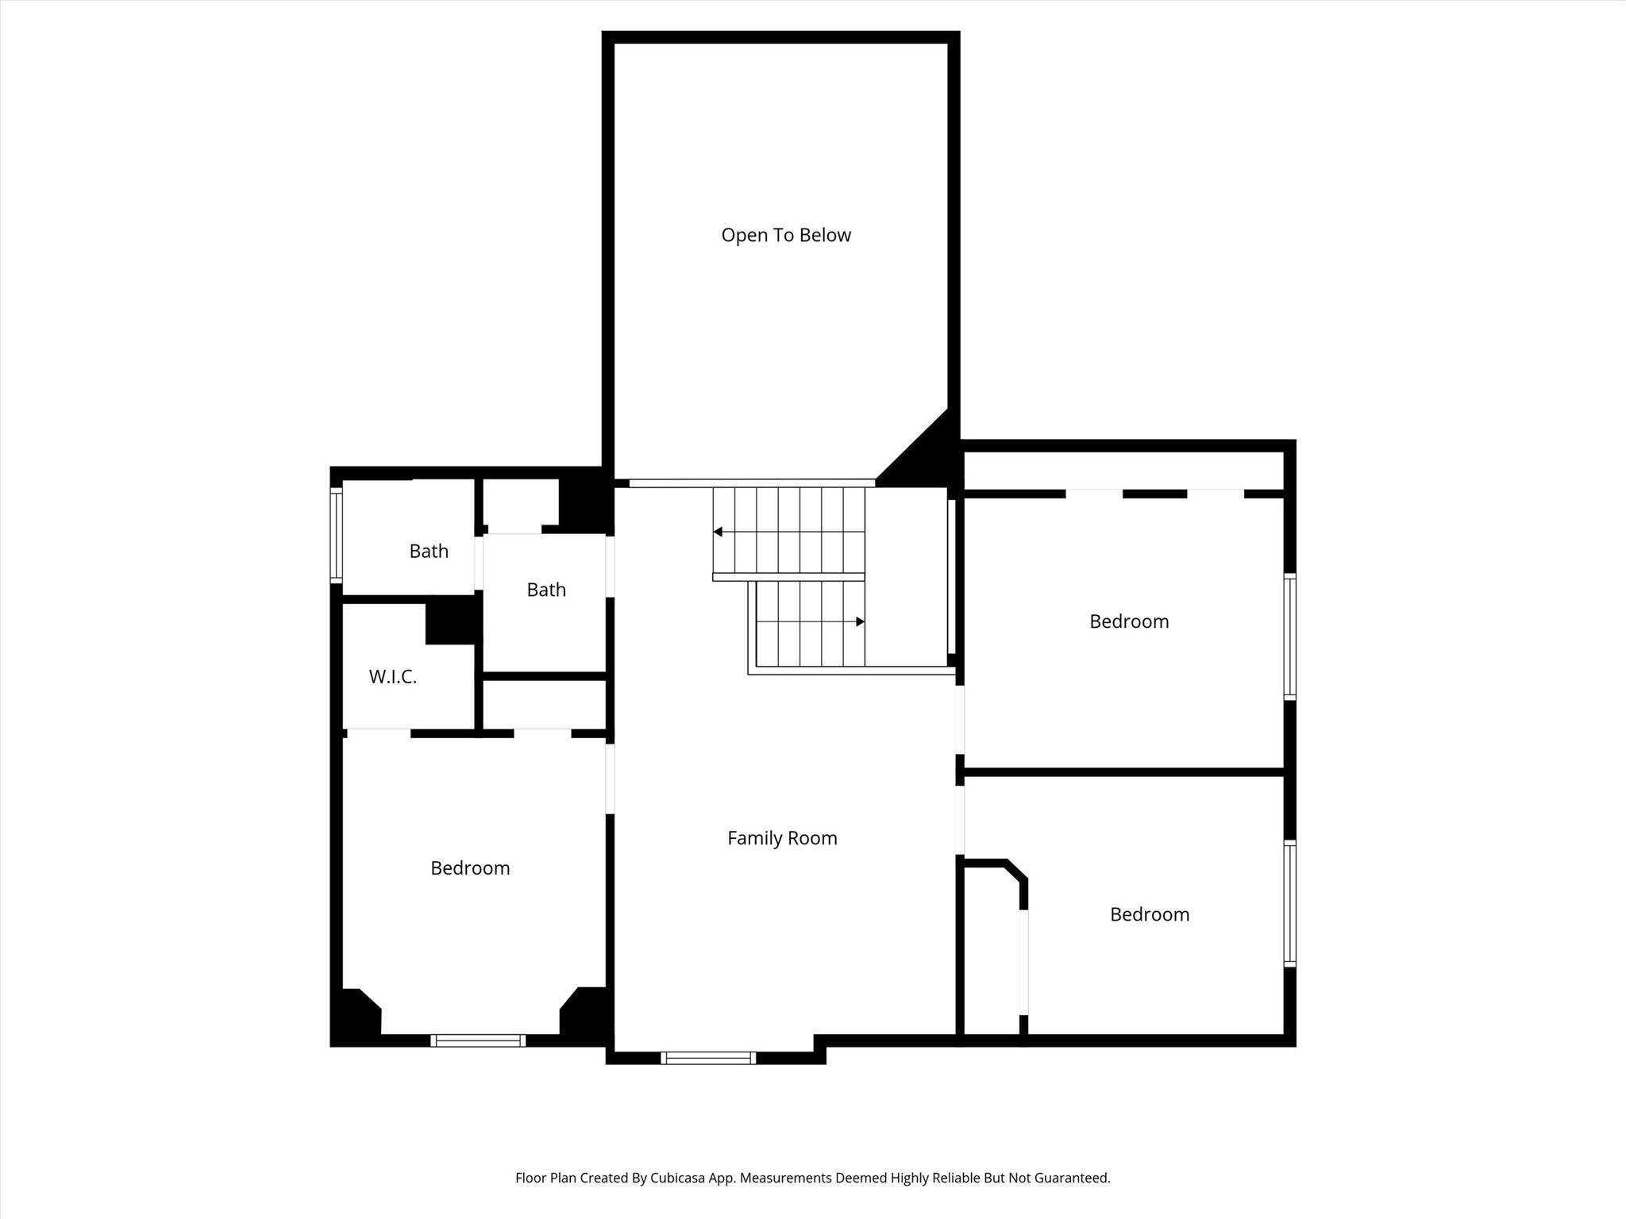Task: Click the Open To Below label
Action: [x=785, y=235]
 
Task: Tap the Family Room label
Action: [x=782, y=838]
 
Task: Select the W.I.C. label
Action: [x=392, y=677]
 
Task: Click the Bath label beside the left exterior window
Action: [x=429, y=551]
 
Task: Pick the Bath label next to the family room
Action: [x=546, y=590]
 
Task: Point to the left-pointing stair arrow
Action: [x=718, y=532]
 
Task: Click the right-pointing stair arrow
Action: [x=860, y=621]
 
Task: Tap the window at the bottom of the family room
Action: [x=707, y=1057]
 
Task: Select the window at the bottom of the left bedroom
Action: [x=478, y=1040]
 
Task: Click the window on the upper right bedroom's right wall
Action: [x=1290, y=636]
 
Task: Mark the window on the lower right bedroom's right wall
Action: [x=1290, y=904]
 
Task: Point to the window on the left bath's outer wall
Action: [x=336, y=536]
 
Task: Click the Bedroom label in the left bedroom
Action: [x=470, y=868]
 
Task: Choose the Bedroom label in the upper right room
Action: [x=1129, y=621]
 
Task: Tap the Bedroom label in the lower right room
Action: [x=1149, y=914]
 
